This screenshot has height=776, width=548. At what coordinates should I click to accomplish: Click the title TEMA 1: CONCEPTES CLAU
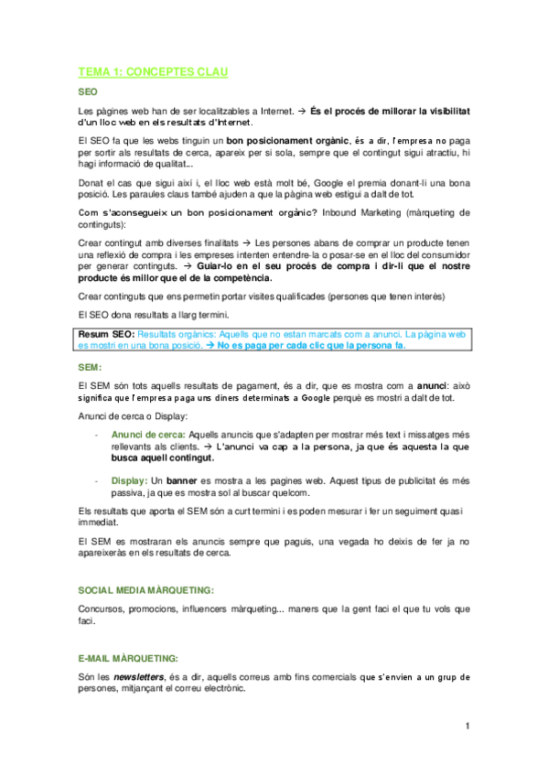pyautogui.click(x=153, y=71)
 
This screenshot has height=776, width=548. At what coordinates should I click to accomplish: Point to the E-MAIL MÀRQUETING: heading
pyautogui.click(x=128, y=658)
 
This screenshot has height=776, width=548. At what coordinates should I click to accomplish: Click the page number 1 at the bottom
pyautogui.click(x=467, y=727)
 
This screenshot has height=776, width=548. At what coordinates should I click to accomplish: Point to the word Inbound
pyautogui.click(x=323, y=213)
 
